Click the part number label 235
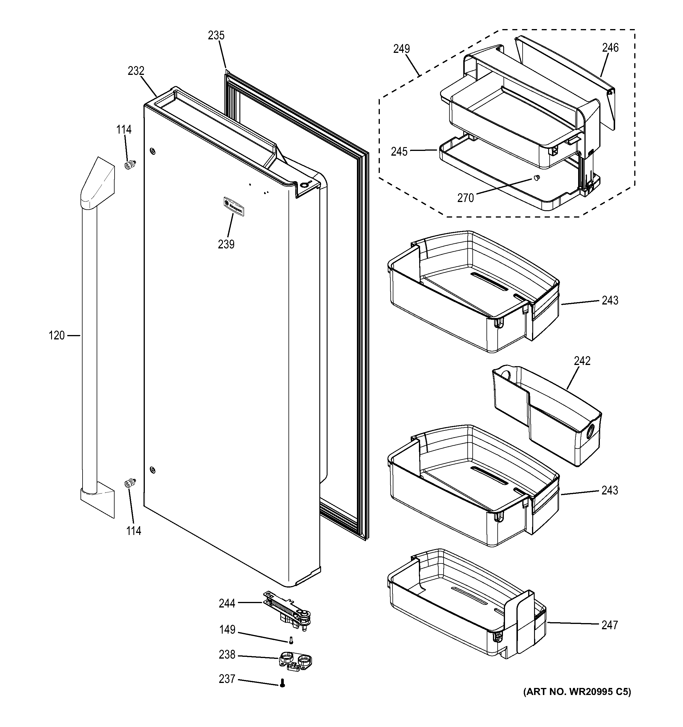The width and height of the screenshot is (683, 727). click(x=216, y=36)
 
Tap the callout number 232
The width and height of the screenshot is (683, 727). click(x=136, y=71)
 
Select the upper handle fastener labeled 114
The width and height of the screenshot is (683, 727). click(x=130, y=166)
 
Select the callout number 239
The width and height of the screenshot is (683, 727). click(x=226, y=244)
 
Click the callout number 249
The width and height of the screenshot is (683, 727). click(x=401, y=49)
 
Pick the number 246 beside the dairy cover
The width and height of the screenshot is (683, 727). click(x=610, y=48)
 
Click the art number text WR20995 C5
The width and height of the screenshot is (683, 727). click(x=577, y=692)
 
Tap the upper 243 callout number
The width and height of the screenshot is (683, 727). click(x=610, y=301)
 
